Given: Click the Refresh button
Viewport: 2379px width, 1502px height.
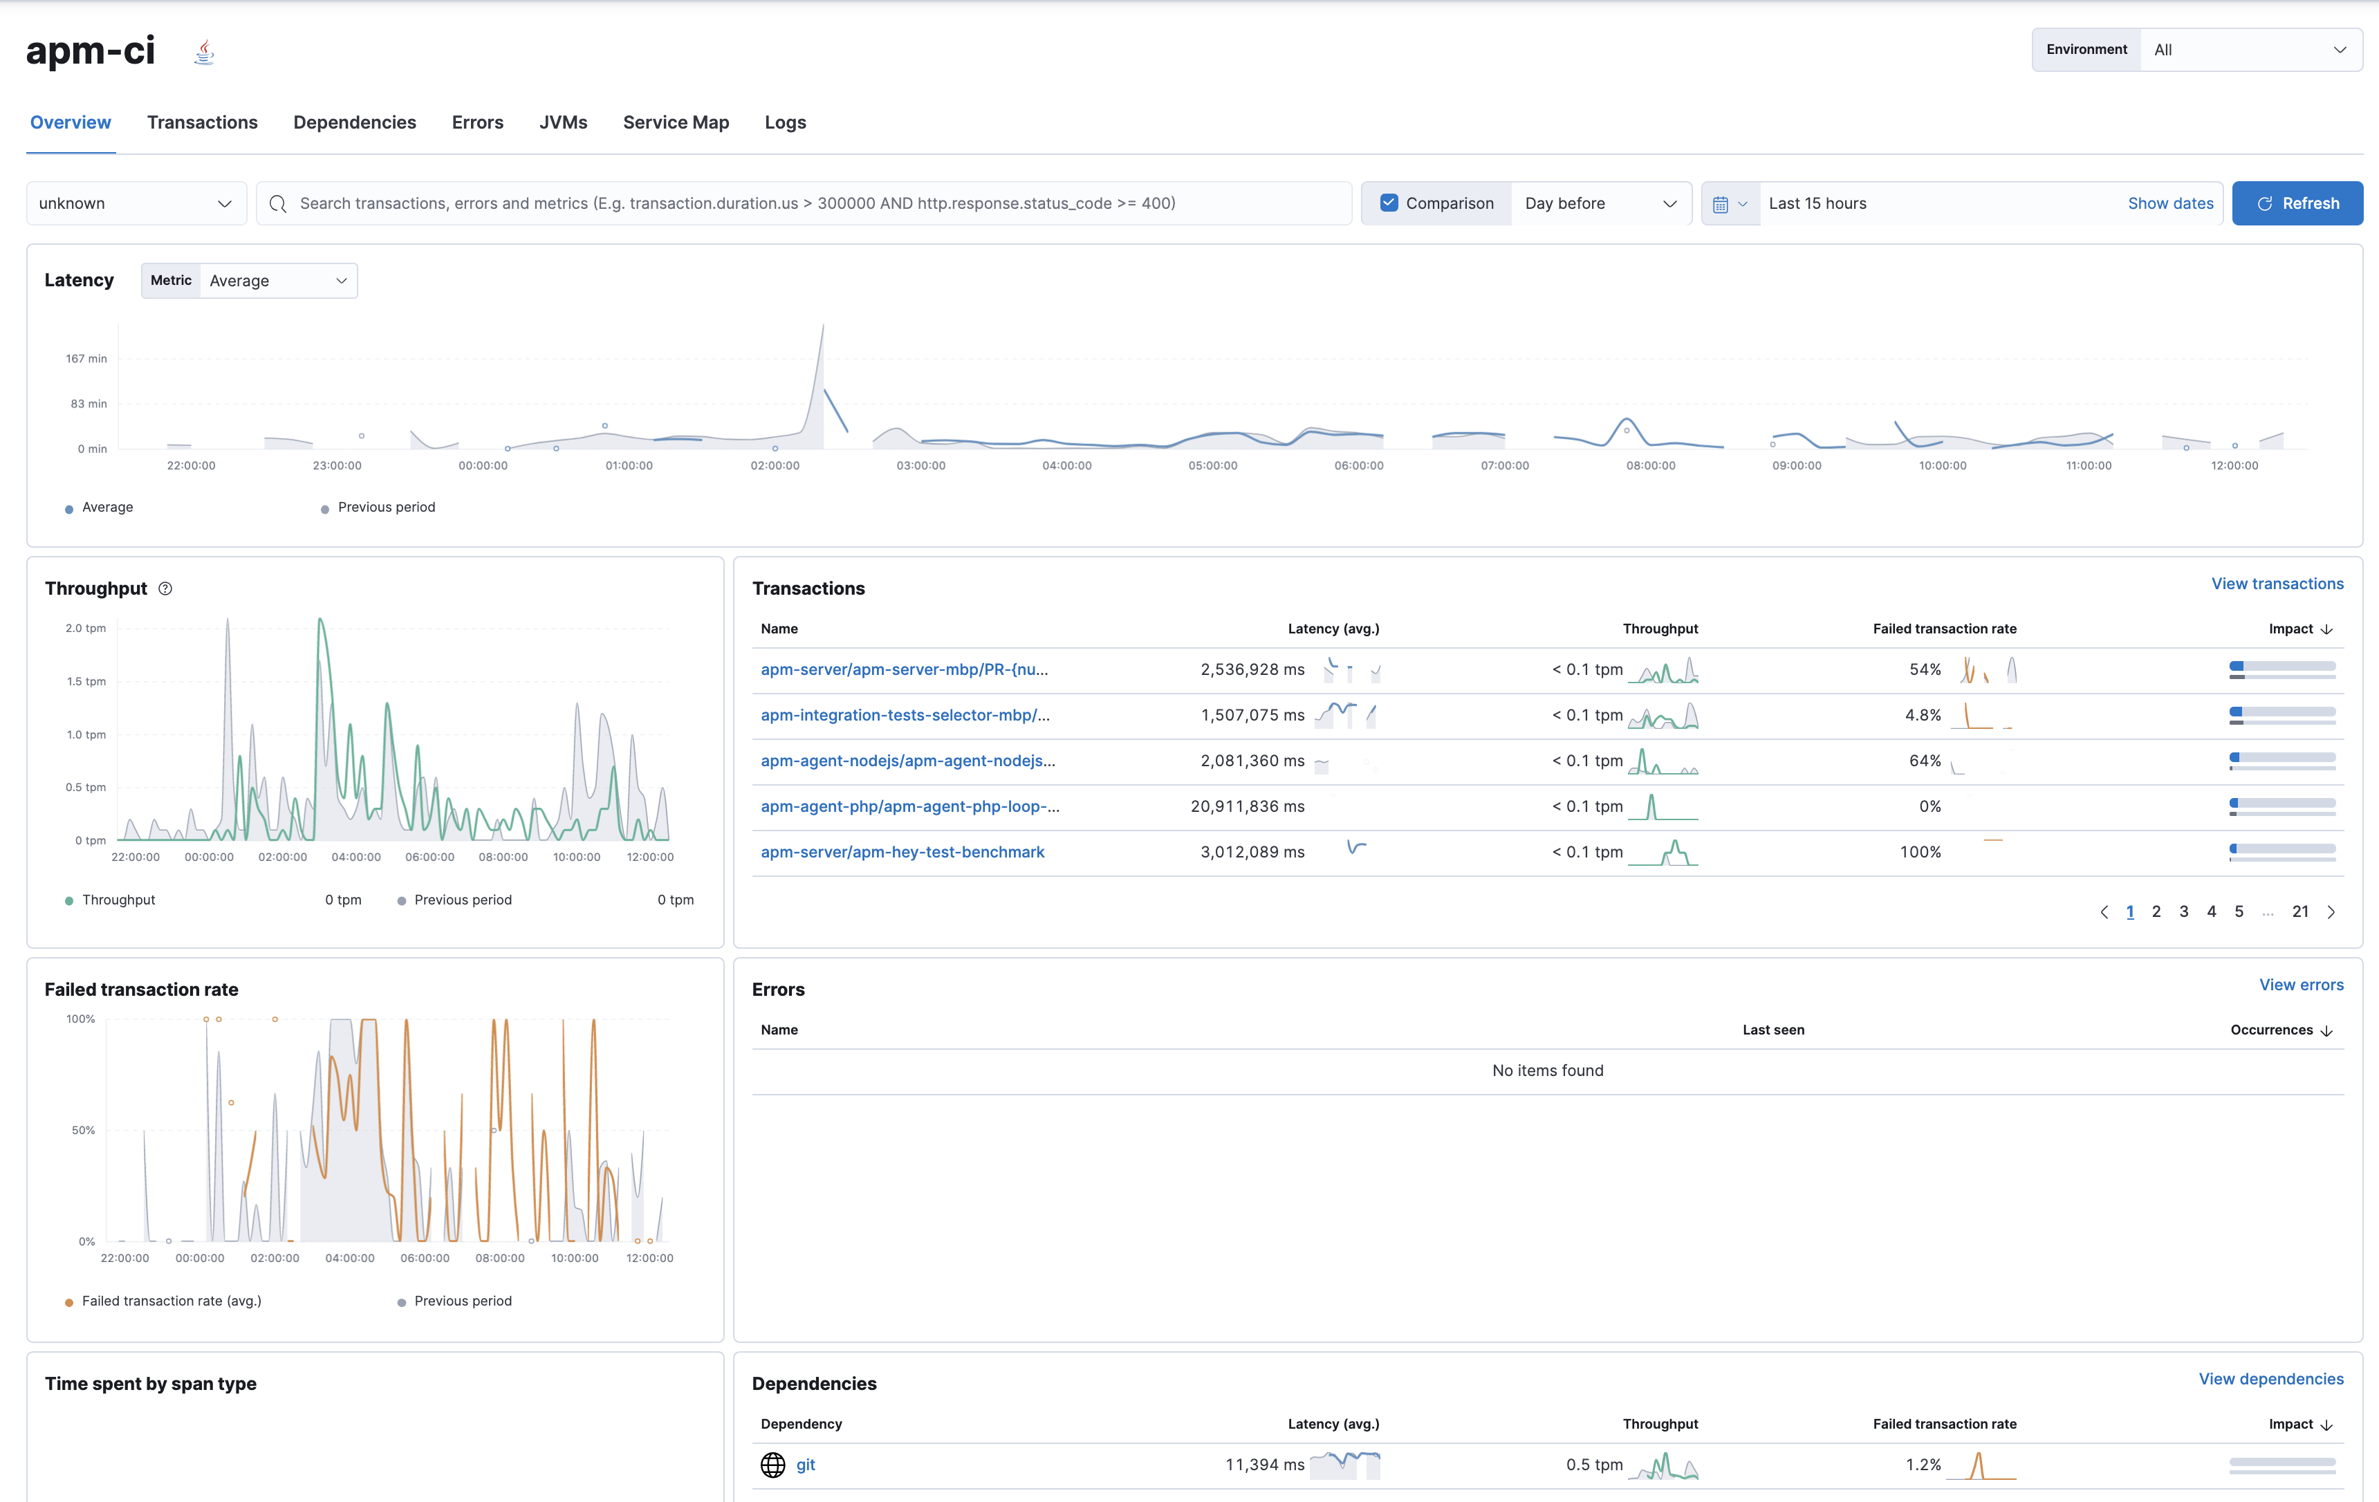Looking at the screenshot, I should (x=2297, y=203).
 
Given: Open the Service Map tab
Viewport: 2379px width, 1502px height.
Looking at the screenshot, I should (x=676, y=122).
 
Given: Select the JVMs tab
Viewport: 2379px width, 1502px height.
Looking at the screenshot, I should (x=563, y=122).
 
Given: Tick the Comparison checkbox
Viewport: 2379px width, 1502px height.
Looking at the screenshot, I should (x=1389, y=203).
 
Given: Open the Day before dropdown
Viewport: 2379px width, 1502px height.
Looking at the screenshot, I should (x=1600, y=203).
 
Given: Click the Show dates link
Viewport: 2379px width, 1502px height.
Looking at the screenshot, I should (x=2169, y=203).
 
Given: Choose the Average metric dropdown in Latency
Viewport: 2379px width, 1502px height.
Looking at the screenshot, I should (x=277, y=281).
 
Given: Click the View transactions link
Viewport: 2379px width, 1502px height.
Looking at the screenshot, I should (x=2276, y=584).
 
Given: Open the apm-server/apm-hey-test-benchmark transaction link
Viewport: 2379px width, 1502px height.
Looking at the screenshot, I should (x=902, y=852).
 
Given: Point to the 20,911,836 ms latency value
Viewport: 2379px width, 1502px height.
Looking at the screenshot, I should (x=1247, y=806).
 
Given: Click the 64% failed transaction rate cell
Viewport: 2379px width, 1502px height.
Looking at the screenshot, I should (x=1923, y=761).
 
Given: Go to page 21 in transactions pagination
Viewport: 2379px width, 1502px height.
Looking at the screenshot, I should (x=2300, y=912).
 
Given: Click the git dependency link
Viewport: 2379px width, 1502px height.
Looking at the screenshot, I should (x=805, y=1465).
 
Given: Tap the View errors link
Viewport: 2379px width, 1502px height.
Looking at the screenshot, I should (x=2300, y=985).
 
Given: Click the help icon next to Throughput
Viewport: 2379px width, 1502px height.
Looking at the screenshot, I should (x=166, y=589).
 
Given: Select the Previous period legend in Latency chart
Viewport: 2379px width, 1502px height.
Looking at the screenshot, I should (x=385, y=508).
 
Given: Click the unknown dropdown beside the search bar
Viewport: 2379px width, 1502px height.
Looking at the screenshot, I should (x=136, y=203).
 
